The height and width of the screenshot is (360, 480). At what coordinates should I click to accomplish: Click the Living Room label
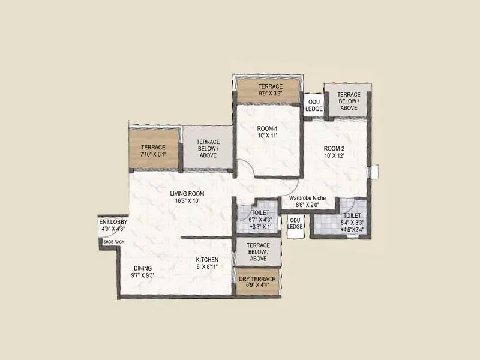188,193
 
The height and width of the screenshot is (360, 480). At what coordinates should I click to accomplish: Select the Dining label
143,268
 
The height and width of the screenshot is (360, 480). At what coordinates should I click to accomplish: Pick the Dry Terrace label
257,279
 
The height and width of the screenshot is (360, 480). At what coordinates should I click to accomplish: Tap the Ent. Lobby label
112,221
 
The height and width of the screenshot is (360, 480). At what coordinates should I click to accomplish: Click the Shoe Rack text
113,241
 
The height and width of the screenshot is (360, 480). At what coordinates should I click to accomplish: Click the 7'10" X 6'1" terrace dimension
153,154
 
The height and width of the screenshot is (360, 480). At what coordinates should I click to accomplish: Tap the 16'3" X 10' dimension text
188,201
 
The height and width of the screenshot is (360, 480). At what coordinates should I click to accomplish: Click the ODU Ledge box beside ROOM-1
314,106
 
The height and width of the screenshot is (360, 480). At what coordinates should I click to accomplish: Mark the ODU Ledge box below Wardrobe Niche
295,224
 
